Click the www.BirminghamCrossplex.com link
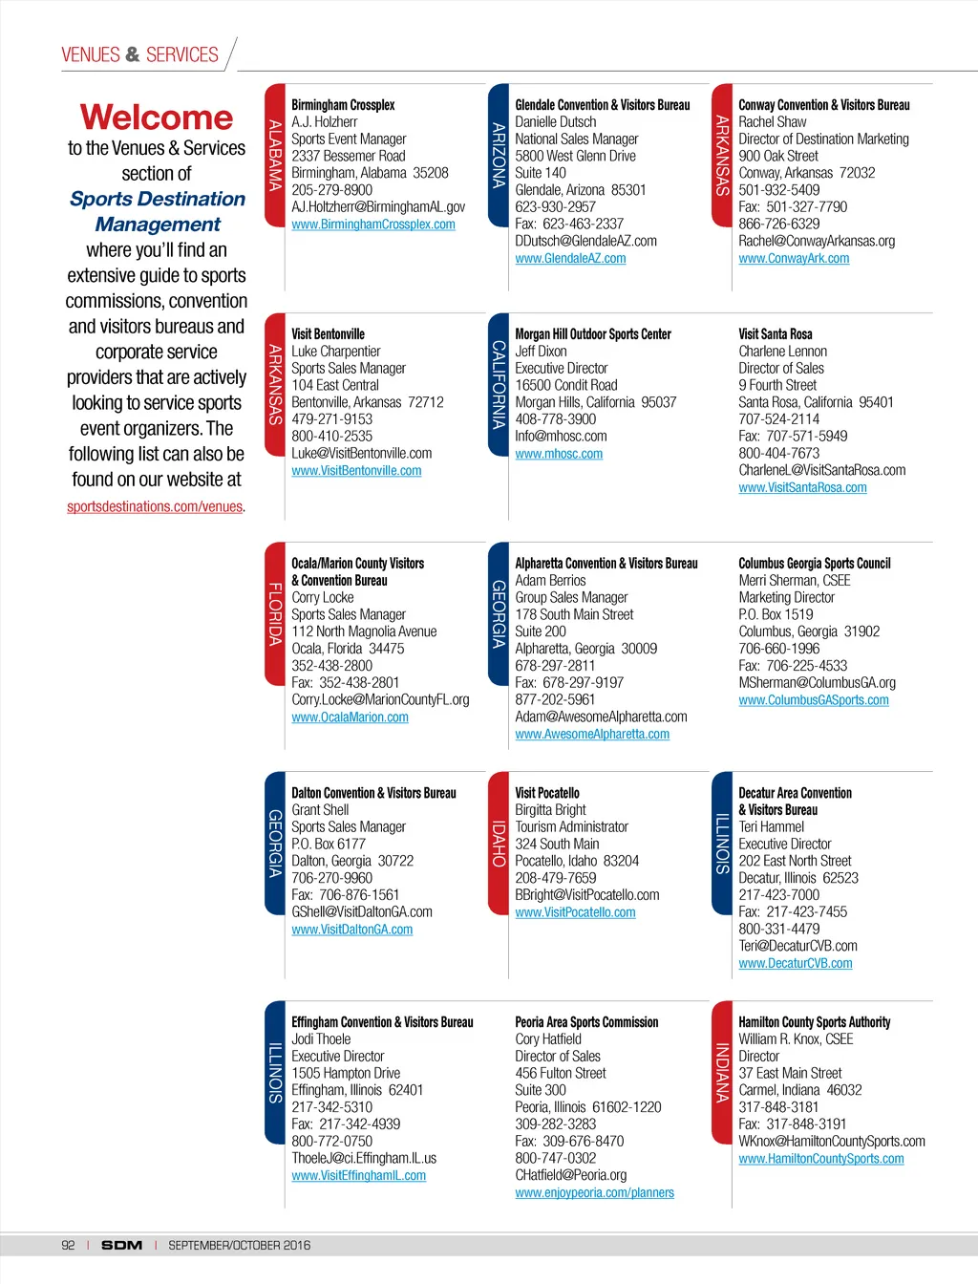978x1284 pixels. pyautogui.click(x=372, y=225)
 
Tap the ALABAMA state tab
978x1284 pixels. pyautogui.click(x=274, y=156)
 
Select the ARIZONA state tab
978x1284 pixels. pyautogui.click(x=498, y=156)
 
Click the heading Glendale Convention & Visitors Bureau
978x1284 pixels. pyautogui.click(x=602, y=105)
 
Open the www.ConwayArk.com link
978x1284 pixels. pyautogui.click(x=794, y=259)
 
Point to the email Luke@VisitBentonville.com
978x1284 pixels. pyautogui.click(x=361, y=454)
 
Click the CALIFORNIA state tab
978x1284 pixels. pyautogui.click(x=498, y=384)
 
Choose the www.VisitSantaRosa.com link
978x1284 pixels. pyautogui.click(x=802, y=488)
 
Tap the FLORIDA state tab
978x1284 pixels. pyautogui.click(x=274, y=613)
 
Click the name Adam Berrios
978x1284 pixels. pyautogui.click(x=550, y=581)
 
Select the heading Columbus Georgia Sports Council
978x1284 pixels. pyautogui.click(x=814, y=564)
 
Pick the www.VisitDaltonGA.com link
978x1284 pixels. pyautogui.click(x=351, y=930)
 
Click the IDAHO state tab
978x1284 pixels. pyautogui.click(x=498, y=843)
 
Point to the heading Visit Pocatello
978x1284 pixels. pyautogui.click(x=546, y=793)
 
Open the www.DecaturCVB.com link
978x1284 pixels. pyautogui.click(x=795, y=964)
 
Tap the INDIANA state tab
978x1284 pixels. pyautogui.click(x=721, y=1072)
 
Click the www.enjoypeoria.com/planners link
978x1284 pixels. pyautogui.click(x=594, y=1193)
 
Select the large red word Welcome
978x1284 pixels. pyautogui.click(x=157, y=118)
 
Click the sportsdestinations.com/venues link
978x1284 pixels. pyautogui.click(x=155, y=507)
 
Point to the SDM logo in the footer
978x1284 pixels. pyautogui.click(x=121, y=1245)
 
